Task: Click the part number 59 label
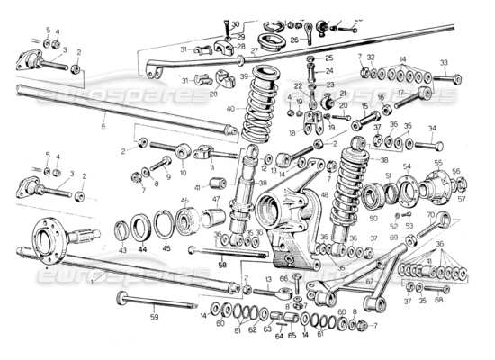[x=153, y=316]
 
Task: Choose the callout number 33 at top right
[x=444, y=62]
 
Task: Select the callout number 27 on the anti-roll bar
[x=254, y=51]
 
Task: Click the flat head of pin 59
[x=119, y=296]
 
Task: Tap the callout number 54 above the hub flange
[x=406, y=167]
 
